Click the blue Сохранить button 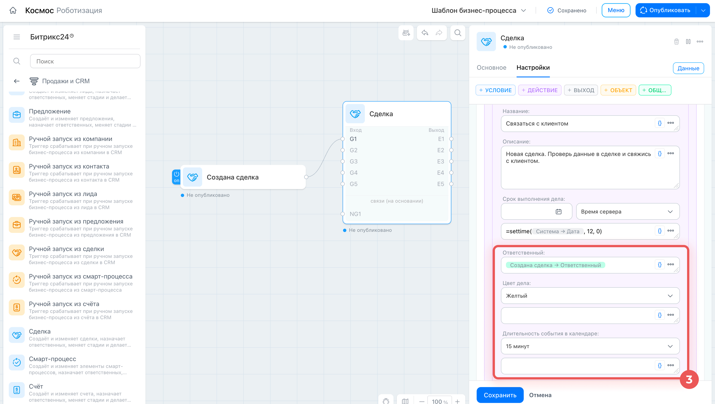(500, 395)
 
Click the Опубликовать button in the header (666, 10)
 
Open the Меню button (616, 10)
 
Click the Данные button (688, 68)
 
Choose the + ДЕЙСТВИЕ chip (540, 90)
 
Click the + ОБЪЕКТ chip (618, 90)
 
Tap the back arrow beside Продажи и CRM (17, 81)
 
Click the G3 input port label (353, 161)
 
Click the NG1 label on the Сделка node (355, 214)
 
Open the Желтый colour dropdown (590, 296)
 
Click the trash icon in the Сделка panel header (676, 42)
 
